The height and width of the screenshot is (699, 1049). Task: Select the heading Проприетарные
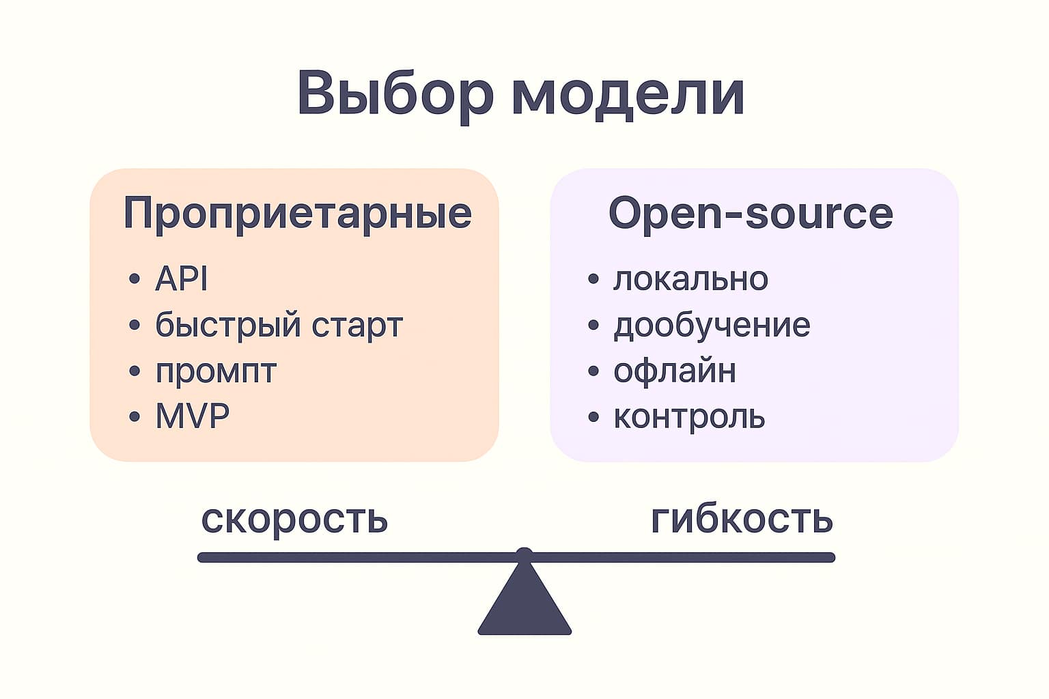297,214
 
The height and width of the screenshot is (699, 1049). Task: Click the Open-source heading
751,214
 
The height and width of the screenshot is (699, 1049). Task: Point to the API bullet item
181,279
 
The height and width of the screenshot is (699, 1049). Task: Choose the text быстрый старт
279,326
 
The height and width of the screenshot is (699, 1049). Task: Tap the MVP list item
192,416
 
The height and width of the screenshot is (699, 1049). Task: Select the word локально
690,279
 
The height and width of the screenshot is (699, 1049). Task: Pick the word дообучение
712,326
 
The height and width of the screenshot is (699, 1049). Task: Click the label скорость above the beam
294,519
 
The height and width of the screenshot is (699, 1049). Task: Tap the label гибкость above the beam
742,519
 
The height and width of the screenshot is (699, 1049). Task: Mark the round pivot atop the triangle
524,554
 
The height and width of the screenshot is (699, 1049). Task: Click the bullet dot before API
135,279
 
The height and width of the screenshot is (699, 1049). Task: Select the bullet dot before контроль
593,417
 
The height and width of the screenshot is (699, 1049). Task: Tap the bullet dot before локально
593,279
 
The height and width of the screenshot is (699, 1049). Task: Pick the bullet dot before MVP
135,417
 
